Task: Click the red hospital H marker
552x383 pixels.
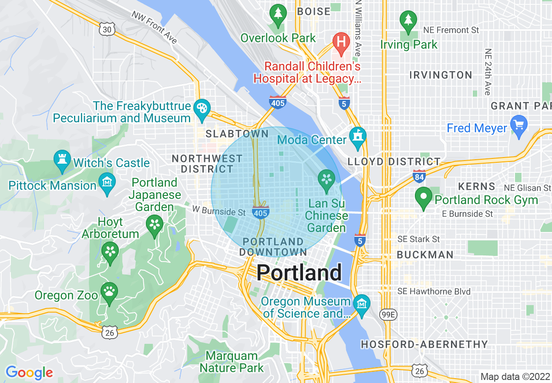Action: (x=341, y=42)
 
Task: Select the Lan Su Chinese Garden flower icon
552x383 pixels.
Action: (x=326, y=179)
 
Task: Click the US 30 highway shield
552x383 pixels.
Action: (x=107, y=29)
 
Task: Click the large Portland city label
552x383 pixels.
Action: (x=299, y=273)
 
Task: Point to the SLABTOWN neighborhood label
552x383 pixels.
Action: (x=237, y=134)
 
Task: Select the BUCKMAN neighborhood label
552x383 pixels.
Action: (x=425, y=255)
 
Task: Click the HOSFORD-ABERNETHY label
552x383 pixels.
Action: (x=424, y=345)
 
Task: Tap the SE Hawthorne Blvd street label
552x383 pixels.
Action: (x=434, y=291)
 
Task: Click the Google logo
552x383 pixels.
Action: (x=29, y=373)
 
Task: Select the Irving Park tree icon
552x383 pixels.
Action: (x=408, y=21)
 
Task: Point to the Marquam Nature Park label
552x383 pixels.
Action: (x=232, y=362)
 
